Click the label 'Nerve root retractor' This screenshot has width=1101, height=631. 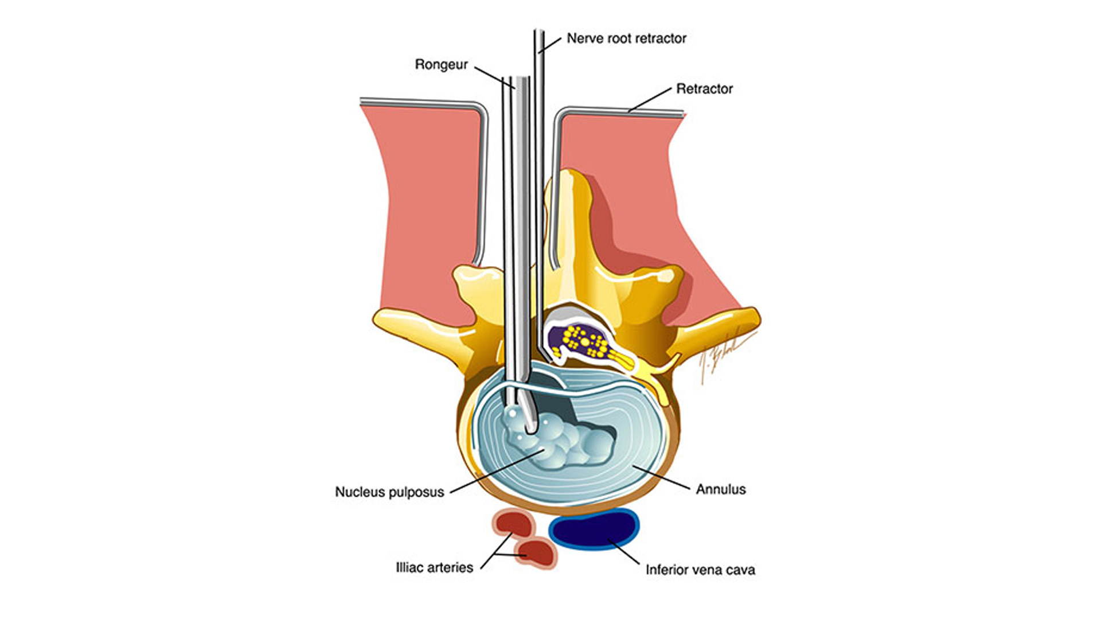[x=626, y=38]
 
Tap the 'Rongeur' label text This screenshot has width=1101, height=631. [x=441, y=65]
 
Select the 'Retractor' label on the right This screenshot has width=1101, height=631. [x=704, y=89]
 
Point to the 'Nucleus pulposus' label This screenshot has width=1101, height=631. [x=389, y=492]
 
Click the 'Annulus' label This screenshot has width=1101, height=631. [x=721, y=489]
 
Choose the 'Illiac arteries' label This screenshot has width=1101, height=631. [x=434, y=567]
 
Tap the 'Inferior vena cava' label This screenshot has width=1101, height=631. [x=700, y=570]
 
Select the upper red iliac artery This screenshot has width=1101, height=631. [x=513, y=523]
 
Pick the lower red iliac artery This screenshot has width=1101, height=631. [x=536, y=553]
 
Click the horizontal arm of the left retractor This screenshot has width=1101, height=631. [x=419, y=103]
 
